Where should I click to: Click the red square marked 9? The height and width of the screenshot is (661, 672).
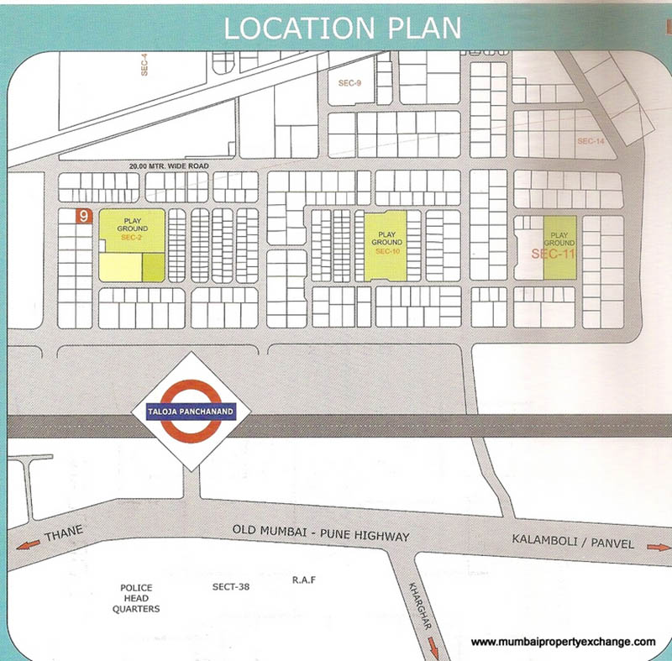(83, 217)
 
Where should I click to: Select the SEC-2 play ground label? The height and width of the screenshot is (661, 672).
(132, 228)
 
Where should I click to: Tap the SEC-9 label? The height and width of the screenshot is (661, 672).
(349, 83)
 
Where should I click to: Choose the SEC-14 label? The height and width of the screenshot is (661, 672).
(591, 142)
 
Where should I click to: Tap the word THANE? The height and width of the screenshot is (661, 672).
(66, 532)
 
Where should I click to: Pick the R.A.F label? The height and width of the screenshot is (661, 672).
(303, 580)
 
